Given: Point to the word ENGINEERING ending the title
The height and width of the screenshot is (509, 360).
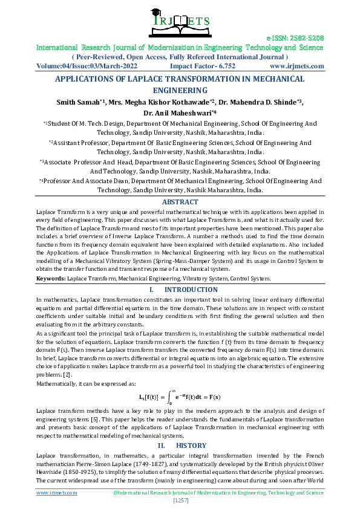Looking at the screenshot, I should click(x=180, y=89).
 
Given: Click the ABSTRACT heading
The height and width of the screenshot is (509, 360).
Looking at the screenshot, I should click(x=180, y=202).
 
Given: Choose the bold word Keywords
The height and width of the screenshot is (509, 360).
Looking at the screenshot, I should click(x=50, y=279).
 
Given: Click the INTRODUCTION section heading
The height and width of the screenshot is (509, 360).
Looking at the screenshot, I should click(x=191, y=290).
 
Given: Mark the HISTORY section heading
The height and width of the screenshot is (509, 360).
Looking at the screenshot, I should click(x=191, y=446).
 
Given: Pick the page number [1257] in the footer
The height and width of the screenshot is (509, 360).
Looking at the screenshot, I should click(x=180, y=501).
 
